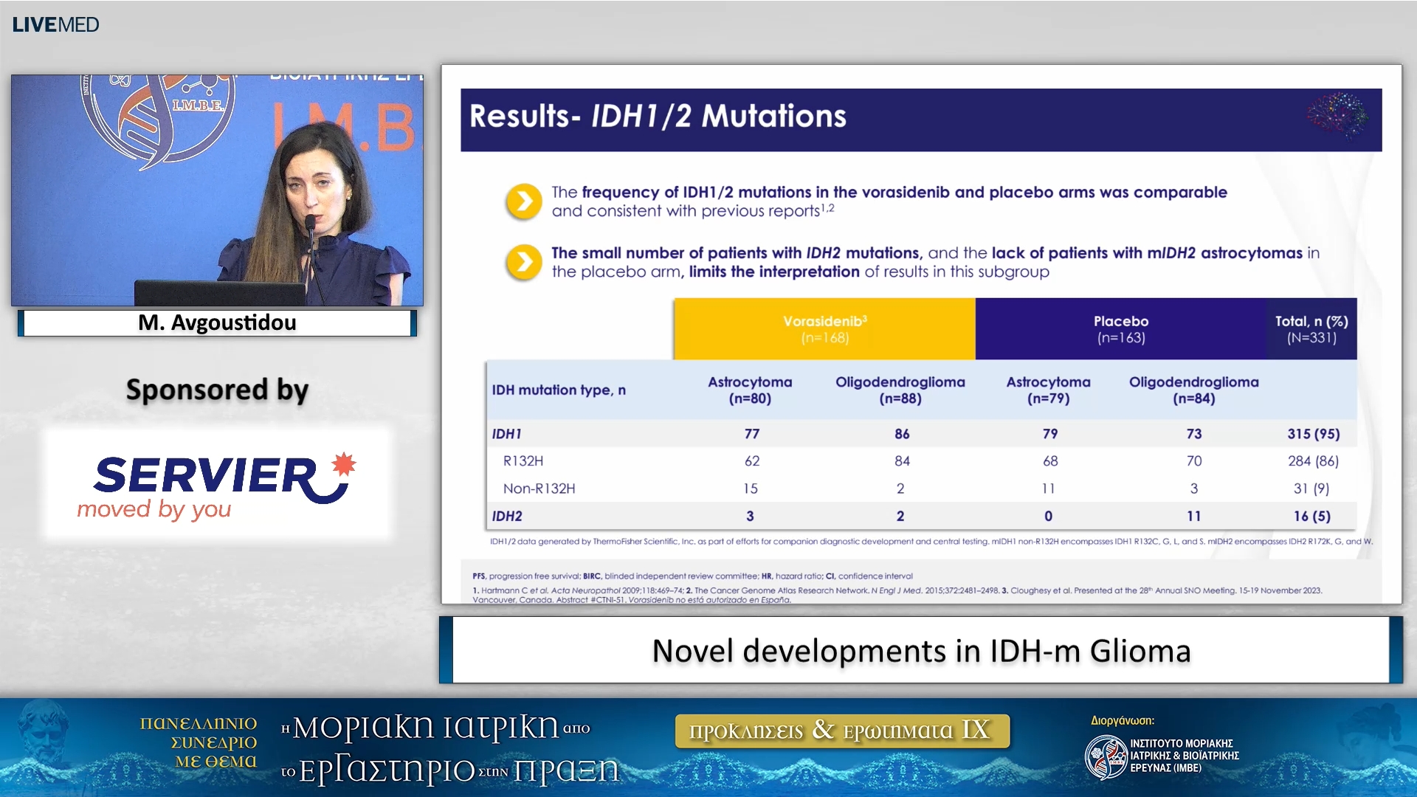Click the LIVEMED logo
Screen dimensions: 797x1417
(x=55, y=24)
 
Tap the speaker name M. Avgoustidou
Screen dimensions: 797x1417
(x=217, y=322)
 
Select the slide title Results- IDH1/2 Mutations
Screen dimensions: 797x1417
(x=658, y=117)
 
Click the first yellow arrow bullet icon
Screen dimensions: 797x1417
(x=524, y=201)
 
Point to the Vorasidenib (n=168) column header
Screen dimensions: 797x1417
(x=824, y=329)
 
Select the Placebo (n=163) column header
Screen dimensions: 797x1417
(x=1120, y=329)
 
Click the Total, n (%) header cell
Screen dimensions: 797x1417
(x=1311, y=329)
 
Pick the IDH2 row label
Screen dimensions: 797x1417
(x=507, y=516)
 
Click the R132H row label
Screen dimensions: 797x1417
(x=523, y=461)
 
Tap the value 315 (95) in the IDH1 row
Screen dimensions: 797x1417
(x=1313, y=434)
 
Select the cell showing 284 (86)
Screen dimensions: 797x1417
(x=1313, y=461)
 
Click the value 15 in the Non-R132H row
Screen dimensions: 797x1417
(x=751, y=489)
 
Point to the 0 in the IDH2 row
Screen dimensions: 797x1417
(x=1048, y=516)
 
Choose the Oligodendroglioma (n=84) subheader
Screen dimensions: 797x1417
(x=1193, y=390)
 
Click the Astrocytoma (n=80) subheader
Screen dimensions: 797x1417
(x=750, y=390)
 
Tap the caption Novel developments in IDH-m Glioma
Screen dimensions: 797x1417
(x=921, y=651)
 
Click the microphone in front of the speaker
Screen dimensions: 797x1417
(x=311, y=223)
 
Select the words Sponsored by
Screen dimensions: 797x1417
(x=217, y=390)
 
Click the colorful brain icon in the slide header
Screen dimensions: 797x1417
(x=1337, y=115)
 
